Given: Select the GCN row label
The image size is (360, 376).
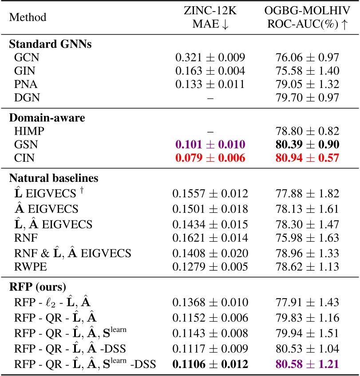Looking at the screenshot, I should point(24,57).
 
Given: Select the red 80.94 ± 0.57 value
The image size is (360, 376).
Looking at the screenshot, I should point(306,157).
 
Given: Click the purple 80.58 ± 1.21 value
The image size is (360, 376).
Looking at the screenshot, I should point(306,364).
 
